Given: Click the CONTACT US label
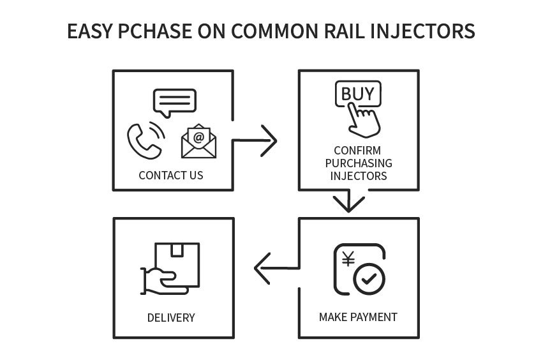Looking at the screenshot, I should point(171,175).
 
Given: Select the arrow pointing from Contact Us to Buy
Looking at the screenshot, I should point(255,140).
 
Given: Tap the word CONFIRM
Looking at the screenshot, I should point(359,151).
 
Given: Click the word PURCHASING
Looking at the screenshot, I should point(359,163).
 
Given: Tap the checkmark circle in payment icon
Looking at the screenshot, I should point(369,280).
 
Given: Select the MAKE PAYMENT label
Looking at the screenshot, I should point(358,317).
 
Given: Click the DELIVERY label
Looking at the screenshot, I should point(171,317).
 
